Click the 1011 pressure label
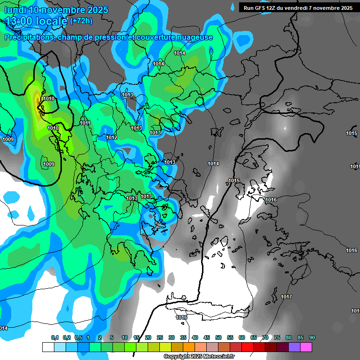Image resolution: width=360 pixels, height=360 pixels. coord(85,123)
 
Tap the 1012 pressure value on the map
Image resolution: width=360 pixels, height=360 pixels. coord(112,137)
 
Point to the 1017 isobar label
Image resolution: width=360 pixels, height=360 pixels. coord(286,297)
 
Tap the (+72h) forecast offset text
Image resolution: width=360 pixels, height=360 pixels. coord(81,21)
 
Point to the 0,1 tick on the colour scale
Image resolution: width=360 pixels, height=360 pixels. coord(54,338)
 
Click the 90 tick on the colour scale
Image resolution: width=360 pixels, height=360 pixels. coord(312,338)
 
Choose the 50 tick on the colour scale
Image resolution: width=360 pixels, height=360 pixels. coord(218,338)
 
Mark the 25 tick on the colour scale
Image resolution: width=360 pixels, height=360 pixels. coord(160,338)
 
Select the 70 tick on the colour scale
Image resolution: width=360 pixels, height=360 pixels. coord(265,338)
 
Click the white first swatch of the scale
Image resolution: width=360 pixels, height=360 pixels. coord(48,347)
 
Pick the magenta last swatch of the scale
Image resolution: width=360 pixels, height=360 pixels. coord(306,347)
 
